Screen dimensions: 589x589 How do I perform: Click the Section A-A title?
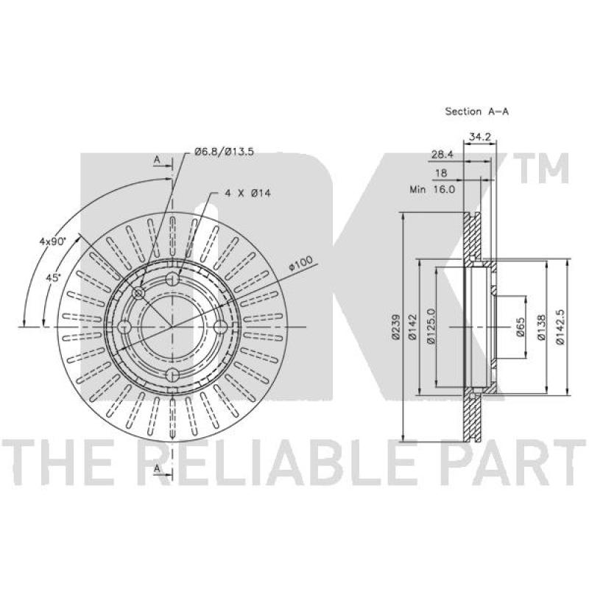click(476, 111)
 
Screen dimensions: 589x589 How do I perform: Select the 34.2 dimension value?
click(481, 137)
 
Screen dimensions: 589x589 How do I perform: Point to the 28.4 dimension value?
click(443, 155)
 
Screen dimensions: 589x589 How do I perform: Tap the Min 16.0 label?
click(432, 189)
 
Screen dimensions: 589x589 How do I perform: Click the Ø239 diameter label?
click(395, 327)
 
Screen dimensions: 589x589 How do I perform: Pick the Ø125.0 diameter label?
click(431, 326)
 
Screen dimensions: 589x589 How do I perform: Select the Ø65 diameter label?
click(520, 327)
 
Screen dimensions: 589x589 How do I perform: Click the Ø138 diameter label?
click(541, 327)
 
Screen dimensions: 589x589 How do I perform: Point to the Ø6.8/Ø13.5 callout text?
click(225, 152)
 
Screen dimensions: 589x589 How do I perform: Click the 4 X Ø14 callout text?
click(247, 194)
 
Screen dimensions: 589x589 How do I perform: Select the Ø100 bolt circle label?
click(300, 264)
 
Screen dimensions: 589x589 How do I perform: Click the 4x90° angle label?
click(52, 241)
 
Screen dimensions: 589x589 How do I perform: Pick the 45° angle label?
click(53, 278)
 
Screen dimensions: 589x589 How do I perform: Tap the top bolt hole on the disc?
click(172, 279)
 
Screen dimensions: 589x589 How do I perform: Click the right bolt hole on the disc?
click(220, 327)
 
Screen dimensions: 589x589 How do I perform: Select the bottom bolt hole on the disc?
click(172, 375)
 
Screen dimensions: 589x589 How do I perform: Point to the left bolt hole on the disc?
click(124, 327)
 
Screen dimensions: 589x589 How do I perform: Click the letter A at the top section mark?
click(157, 160)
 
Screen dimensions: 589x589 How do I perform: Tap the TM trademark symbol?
click(544, 169)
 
